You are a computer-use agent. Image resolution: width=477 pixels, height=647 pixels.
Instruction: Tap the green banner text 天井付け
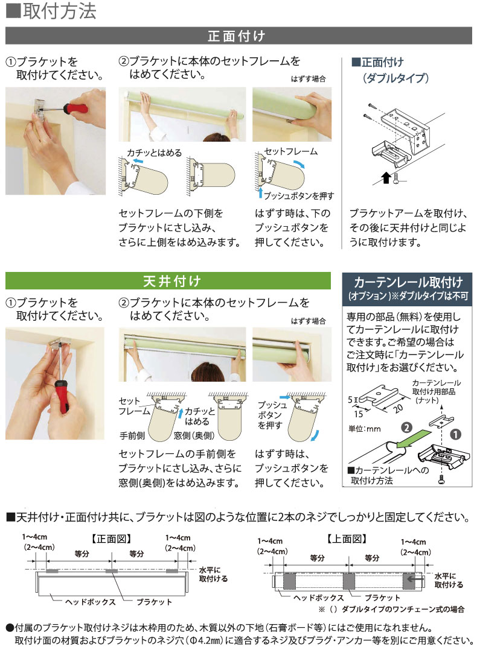pos(168,281)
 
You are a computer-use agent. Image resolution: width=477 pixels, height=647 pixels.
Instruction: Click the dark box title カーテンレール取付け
pos(408,282)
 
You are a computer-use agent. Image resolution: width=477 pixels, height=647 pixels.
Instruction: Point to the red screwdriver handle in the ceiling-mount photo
pos(62,399)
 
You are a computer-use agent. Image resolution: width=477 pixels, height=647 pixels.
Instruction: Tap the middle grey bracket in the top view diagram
pos(348,581)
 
